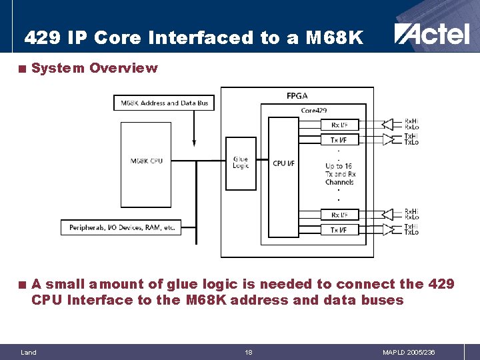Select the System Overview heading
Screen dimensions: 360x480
[x=94, y=68]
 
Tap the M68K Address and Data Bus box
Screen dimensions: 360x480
[x=165, y=103]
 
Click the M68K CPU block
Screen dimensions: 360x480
[x=147, y=161]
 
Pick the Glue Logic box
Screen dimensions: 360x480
[x=241, y=162]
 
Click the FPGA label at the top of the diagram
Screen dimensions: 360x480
[x=297, y=96]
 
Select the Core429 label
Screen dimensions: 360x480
[x=313, y=110]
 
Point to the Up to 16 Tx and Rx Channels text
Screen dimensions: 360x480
[x=340, y=174]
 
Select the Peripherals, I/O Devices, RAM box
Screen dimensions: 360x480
[x=122, y=227]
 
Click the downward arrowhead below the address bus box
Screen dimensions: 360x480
[x=194, y=142]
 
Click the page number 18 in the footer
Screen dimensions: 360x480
[x=248, y=352]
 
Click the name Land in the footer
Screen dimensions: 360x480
[x=29, y=352]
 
